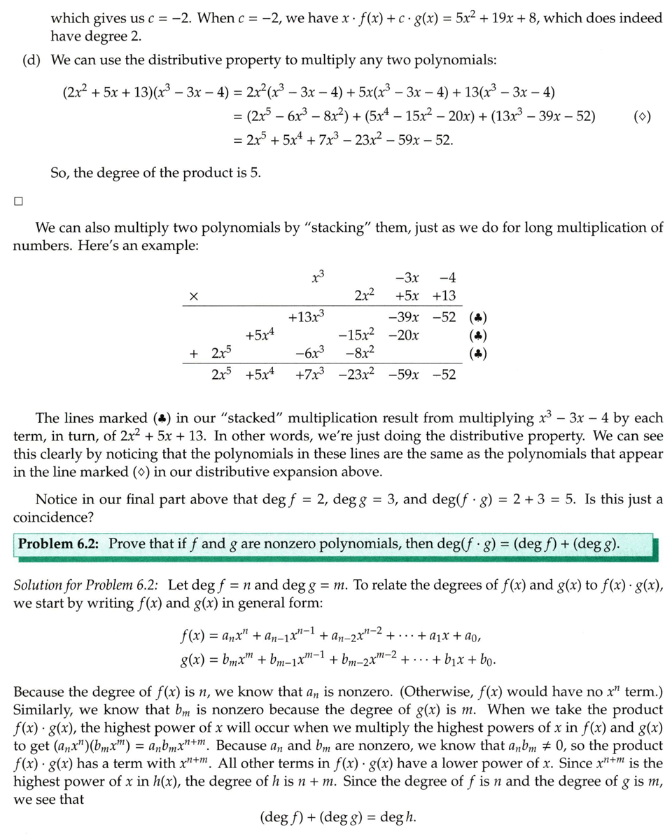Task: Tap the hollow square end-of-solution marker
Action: [x=18, y=202]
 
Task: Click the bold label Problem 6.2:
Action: [x=60, y=544]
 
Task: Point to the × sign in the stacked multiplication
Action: [x=193, y=298]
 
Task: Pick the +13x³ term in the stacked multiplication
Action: [x=307, y=316]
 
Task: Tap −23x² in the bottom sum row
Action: [x=356, y=375]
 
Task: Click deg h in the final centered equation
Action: [x=400, y=816]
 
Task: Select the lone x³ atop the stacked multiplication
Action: [x=318, y=277]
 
